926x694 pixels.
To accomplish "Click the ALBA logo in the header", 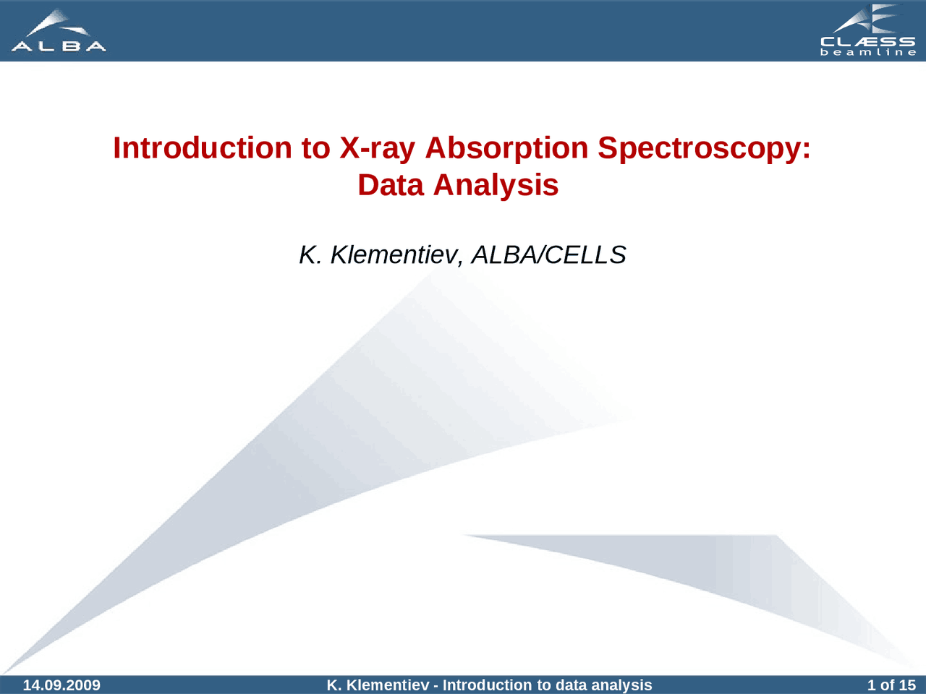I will coord(59,30).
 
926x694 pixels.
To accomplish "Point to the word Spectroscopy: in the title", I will coord(703,149).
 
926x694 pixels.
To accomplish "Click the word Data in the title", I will coord(390,184).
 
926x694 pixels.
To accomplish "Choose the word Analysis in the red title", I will coord(496,184).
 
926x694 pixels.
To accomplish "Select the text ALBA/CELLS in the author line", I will coord(548,254).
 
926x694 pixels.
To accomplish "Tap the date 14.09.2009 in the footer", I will coord(61,685).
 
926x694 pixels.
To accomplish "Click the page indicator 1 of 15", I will coord(891,685).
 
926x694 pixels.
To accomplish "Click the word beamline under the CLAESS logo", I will coord(868,53).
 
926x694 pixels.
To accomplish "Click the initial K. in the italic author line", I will coord(310,254).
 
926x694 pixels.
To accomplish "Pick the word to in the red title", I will coord(315,147).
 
